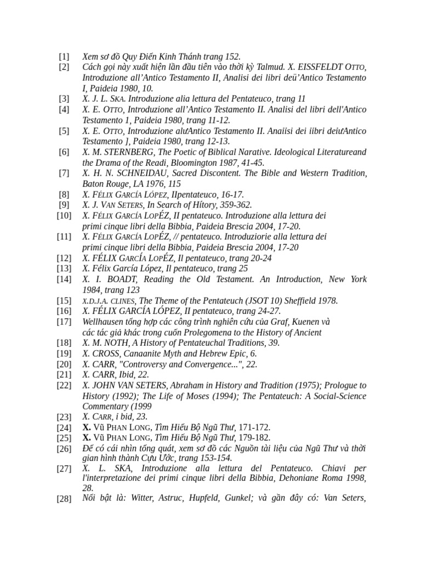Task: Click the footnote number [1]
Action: [x=64, y=56]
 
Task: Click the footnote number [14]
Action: [x=64, y=279]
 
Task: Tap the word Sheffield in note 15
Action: [x=301, y=301]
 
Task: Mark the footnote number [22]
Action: [x=64, y=386]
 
